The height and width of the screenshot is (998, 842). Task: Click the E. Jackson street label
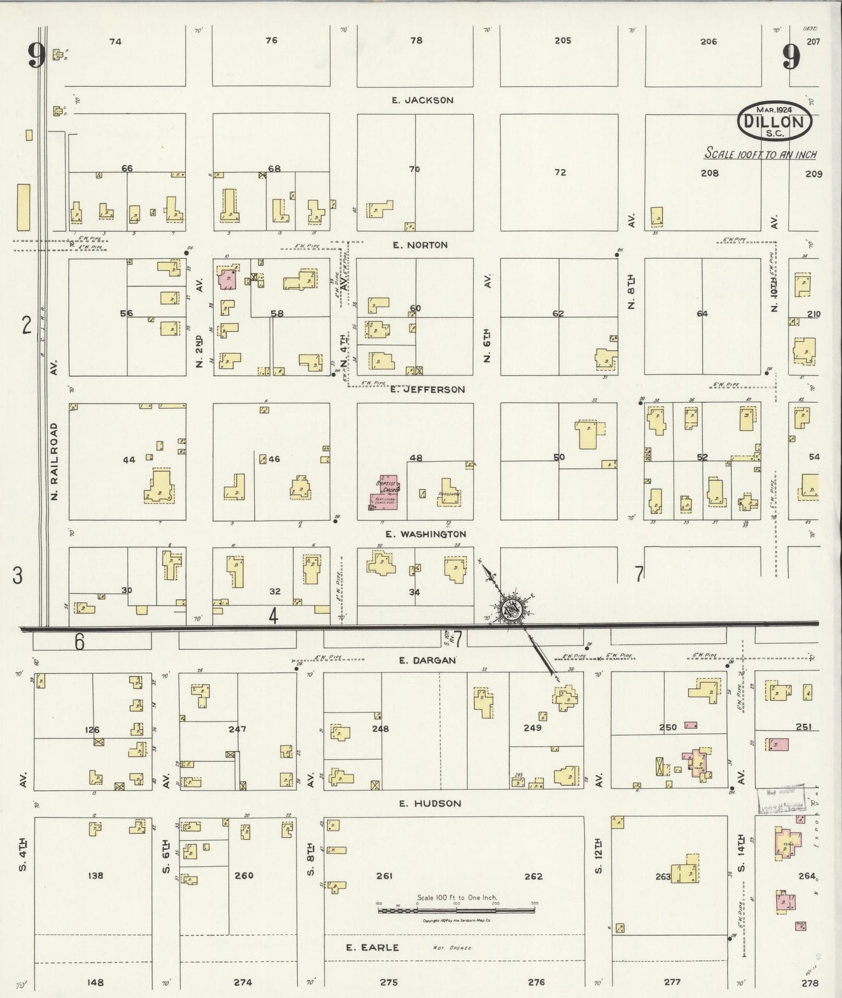423,100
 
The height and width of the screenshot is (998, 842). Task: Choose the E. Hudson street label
430,804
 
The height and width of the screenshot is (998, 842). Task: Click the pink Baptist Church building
385,494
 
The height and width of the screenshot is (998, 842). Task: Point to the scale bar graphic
457,910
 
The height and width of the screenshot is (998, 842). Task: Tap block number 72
560,172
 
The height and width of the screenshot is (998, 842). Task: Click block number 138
95,875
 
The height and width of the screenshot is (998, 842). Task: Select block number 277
672,981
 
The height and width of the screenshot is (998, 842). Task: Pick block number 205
562,41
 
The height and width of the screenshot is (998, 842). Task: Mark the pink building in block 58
227,278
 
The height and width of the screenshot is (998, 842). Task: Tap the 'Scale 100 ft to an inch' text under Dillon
760,154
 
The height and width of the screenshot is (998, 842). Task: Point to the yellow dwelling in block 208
657,216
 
